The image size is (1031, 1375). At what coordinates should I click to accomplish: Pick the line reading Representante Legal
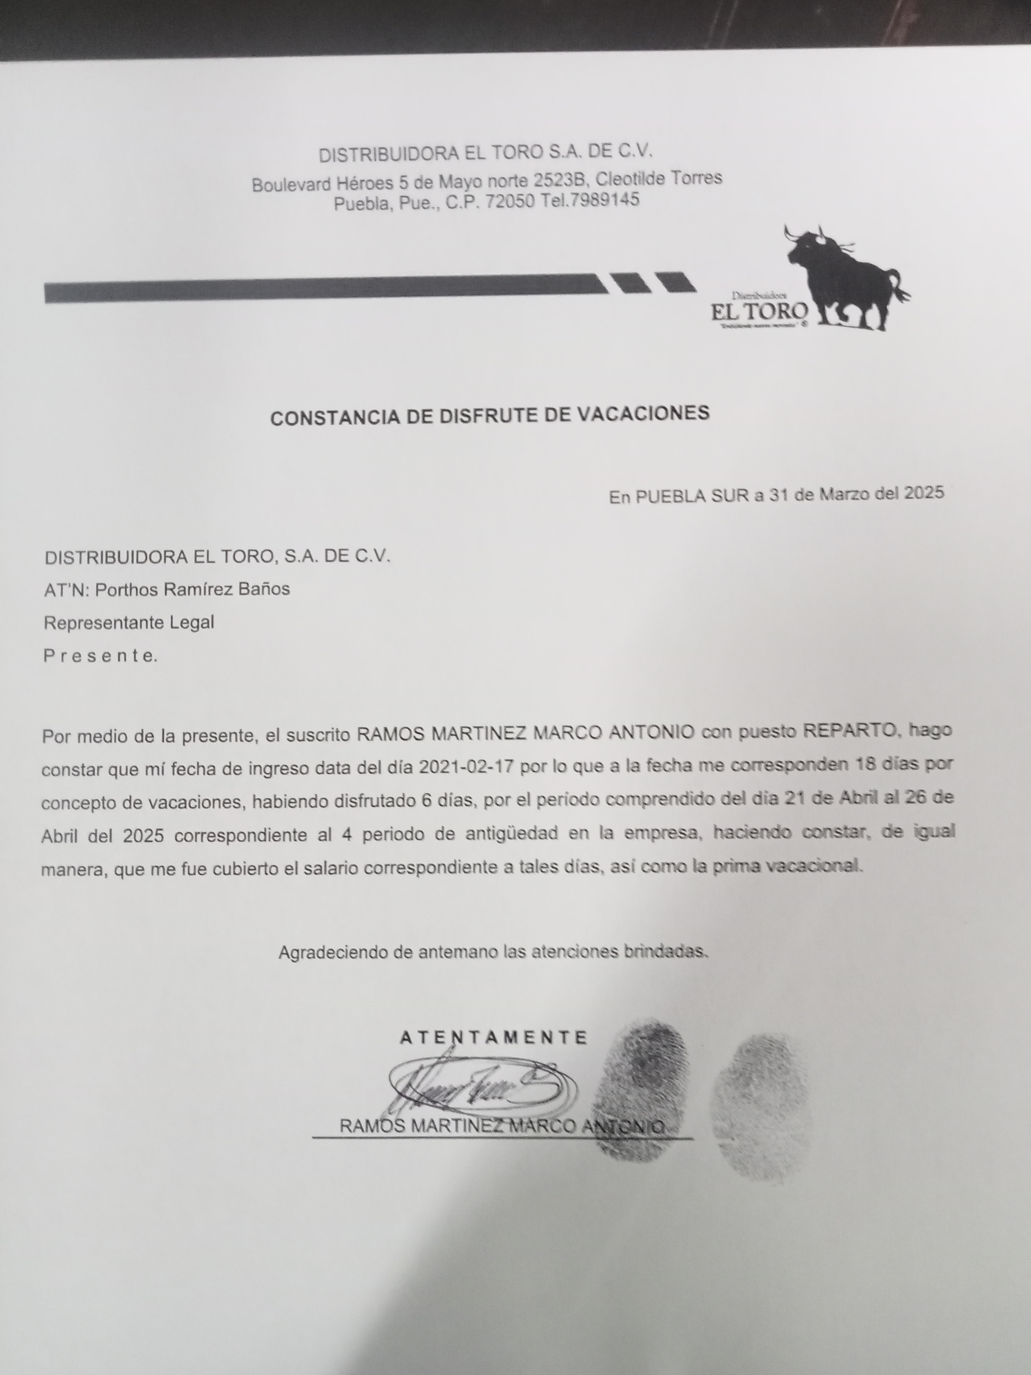[129, 622]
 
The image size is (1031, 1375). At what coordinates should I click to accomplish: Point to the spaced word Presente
[99, 656]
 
